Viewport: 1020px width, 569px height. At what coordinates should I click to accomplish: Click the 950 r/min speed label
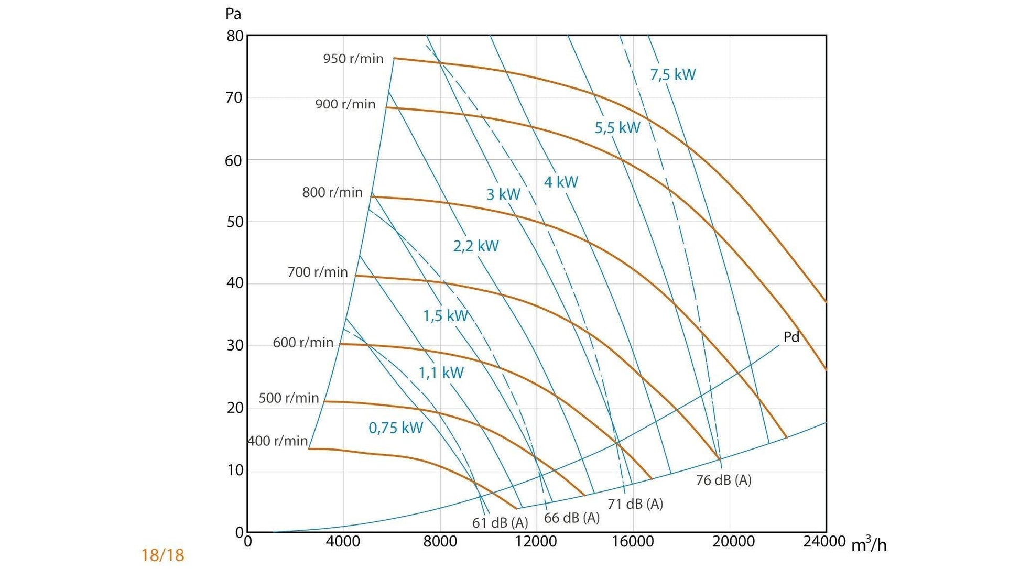[x=353, y=59]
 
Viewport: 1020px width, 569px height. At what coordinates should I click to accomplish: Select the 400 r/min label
[x=278, y=441]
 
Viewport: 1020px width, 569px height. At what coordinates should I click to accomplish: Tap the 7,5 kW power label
[x=672, y=75]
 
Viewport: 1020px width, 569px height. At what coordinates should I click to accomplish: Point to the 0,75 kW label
[x=396, y=428]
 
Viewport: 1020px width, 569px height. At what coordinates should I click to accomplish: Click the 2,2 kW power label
[x=476, y=246]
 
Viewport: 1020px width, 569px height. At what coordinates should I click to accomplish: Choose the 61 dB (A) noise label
[x=500, y=522]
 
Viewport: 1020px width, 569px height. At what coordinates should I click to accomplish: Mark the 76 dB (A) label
[x=723, y=480]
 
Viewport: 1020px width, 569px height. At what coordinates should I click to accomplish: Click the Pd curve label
[x=791, y=337]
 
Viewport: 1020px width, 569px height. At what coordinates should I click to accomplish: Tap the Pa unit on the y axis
[x=233, y=14]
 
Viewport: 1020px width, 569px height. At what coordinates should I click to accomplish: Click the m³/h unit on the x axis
[x=869, y=545]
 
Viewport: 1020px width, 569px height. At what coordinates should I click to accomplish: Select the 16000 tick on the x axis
[x=633, y=542]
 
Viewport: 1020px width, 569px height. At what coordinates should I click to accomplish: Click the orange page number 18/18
[x=162, y=555]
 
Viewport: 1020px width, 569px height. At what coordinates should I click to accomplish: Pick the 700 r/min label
[x=318, y=272]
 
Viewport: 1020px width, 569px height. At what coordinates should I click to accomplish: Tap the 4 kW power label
[x=561, y=182]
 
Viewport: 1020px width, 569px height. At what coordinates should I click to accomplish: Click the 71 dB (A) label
[x=635, y=504]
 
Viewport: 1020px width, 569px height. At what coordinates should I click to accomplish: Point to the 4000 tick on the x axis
[x=343, y=542]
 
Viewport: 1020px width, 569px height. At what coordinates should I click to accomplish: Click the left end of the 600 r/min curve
[x=341, y=344]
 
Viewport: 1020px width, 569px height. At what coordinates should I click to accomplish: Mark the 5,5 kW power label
[x=617, y=127]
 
